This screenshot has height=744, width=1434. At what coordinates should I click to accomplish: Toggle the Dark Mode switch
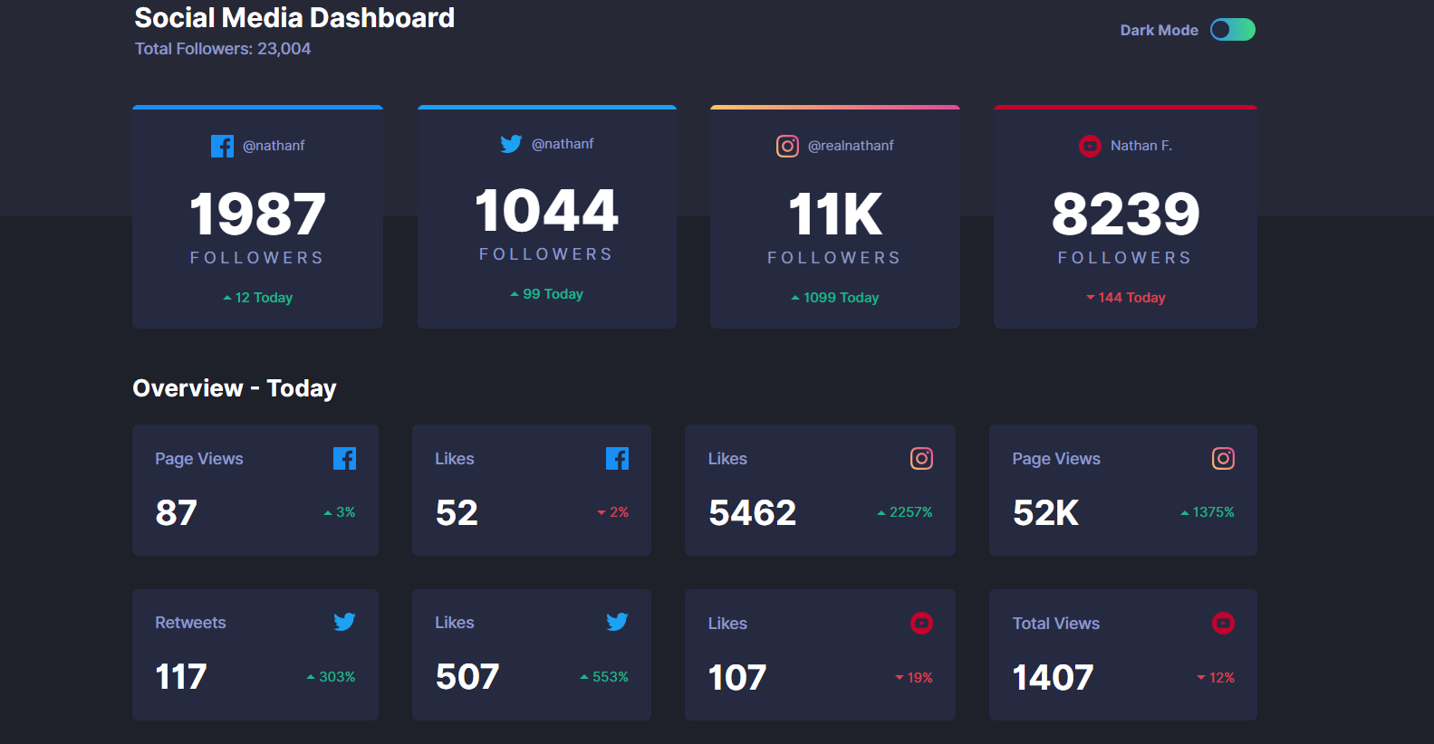(x=1232, y=30)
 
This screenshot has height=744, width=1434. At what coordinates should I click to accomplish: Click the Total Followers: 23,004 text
(x=223, y=49)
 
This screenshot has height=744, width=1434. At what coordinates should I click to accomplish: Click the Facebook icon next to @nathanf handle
(x=222, y=146)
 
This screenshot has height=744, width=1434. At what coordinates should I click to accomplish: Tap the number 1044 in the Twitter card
(x=546, y=211)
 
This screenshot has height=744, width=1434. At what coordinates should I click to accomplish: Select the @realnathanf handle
(x=850, y=146)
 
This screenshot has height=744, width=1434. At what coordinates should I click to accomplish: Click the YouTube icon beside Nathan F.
(x=1090, y=146)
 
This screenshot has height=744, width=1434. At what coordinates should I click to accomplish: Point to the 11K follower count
(x=834, y=215)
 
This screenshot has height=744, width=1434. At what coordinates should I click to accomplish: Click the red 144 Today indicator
(x=1126, y=298)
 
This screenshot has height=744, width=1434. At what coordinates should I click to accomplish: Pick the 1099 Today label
(x=835, y=298)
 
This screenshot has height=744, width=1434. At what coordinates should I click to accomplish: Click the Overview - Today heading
(x=235, y=388)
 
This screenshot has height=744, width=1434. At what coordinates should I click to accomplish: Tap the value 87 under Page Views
(x=176, y=513)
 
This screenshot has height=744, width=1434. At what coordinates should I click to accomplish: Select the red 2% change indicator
(x=613, y=512)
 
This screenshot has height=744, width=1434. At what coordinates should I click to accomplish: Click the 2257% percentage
(x=905, y=512)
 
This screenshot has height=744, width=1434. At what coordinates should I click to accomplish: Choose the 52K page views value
(x=1045, y=513)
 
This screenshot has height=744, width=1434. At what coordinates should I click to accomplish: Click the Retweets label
(x=190, y=623)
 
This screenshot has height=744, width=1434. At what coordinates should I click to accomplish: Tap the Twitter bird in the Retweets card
(x=344, y=622)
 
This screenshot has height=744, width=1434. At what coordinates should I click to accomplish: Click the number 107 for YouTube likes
(x=737, y=678)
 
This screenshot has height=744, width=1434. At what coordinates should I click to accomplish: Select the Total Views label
(x=1055, y=624)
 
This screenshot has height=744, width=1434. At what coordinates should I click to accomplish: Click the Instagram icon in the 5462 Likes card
(x=921, y=459)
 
